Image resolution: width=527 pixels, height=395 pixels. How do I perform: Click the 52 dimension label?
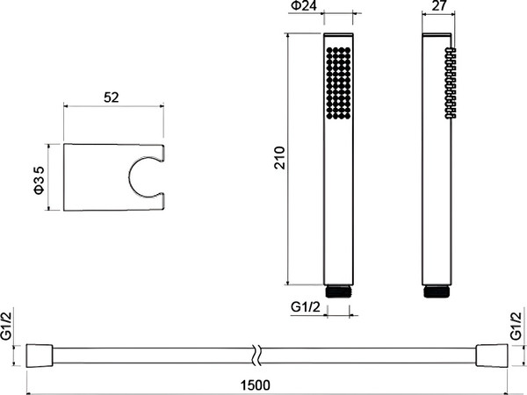pos(112,97)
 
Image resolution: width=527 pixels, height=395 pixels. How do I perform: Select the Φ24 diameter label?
pos(304,6)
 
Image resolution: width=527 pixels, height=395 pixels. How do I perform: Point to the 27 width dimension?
pos(438,5)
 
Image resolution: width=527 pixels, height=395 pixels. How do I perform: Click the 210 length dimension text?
pos(279,158)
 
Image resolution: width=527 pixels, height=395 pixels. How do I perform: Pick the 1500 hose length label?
pos(256,385)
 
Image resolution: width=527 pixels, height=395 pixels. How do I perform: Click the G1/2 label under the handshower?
pos(305,307)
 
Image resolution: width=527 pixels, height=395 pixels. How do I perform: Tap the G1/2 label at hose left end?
pos(6,326)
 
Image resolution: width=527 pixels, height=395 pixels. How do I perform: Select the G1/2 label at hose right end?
pos(516,326)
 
